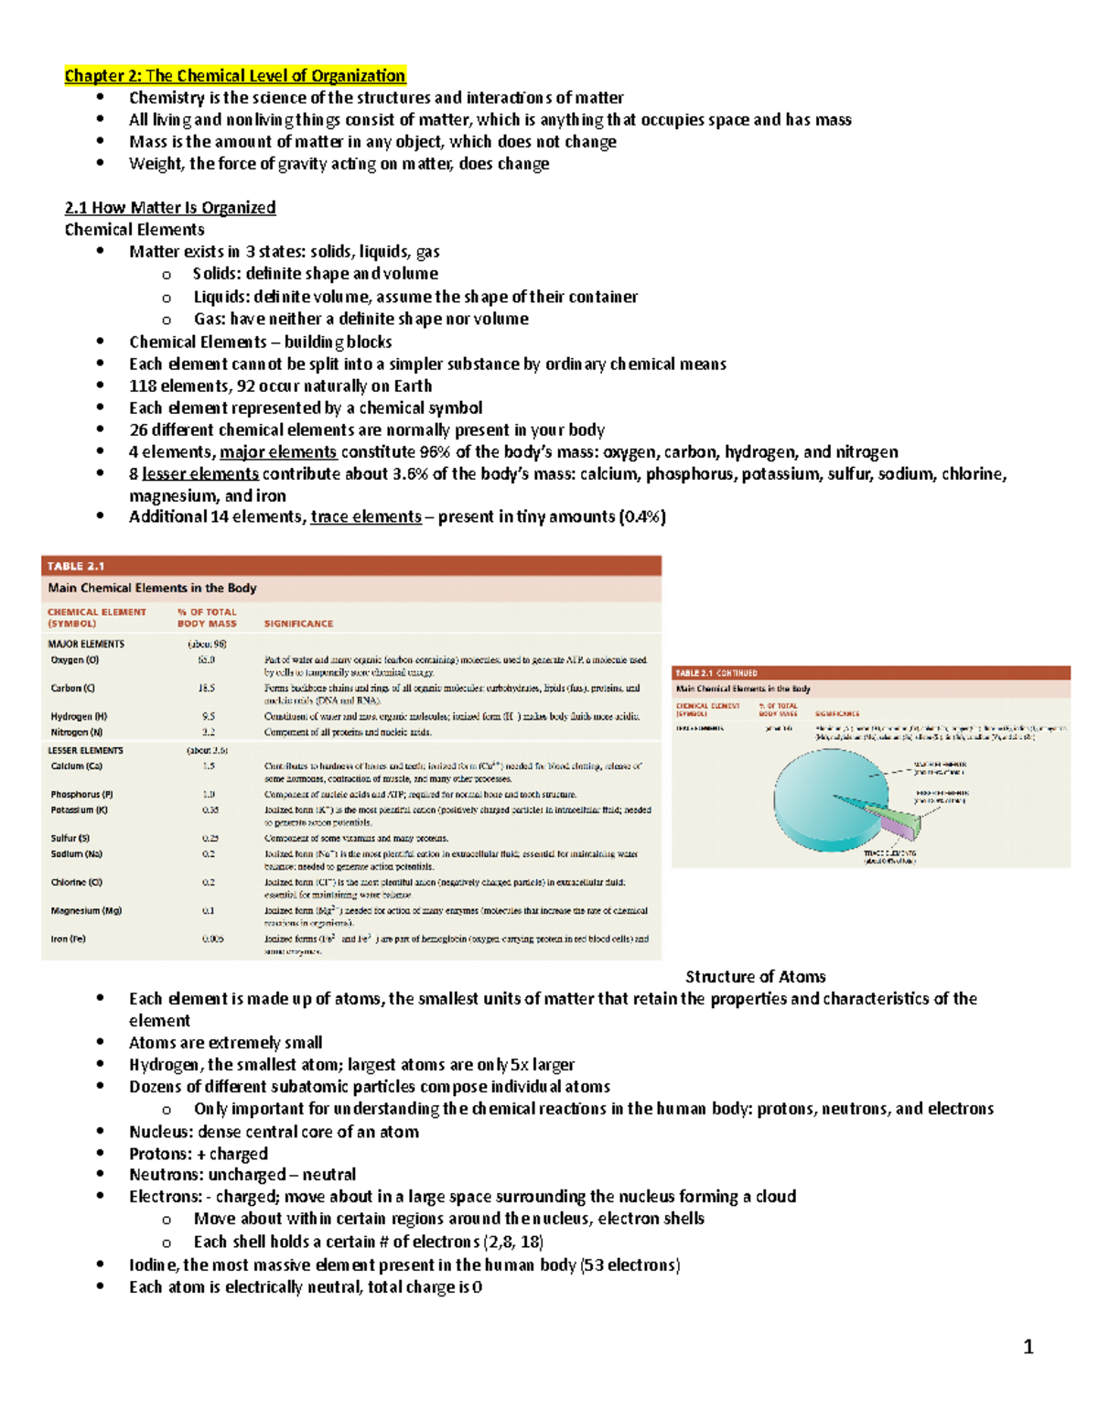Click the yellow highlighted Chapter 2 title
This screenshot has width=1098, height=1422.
point(234,76)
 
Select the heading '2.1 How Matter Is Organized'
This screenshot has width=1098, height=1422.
point(169,208)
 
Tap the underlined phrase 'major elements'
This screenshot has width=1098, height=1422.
point(278,452)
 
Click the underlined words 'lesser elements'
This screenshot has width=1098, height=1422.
point(200,474)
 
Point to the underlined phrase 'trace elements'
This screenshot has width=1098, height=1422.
point(366,517)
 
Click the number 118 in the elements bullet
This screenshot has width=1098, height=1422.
point(143,386)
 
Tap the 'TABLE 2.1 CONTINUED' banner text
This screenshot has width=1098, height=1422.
point(716,673)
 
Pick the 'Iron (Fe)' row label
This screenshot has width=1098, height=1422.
point(69,939)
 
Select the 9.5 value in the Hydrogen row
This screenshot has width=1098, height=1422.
point(209,717)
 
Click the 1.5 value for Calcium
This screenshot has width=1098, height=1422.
point(209,766)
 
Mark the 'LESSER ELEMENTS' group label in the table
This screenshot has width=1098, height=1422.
point(85,751)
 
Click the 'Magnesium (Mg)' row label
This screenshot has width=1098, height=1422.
point(86,911)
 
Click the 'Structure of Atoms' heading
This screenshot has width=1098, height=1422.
point(755,977)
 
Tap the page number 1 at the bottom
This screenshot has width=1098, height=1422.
point(1028,1347)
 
